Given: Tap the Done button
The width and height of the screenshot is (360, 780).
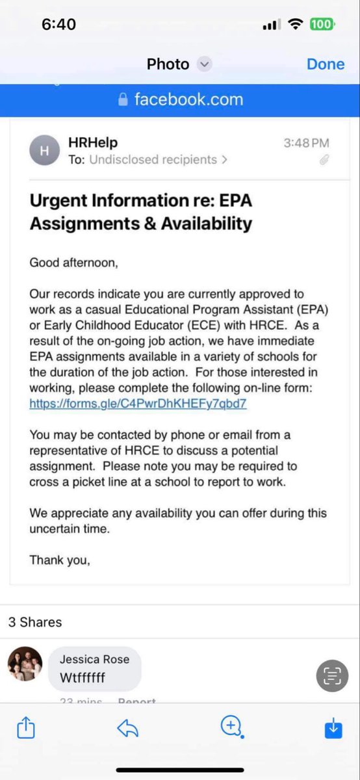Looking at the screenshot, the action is click(325, 64).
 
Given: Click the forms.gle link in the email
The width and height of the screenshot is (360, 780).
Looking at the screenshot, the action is click(138, 404).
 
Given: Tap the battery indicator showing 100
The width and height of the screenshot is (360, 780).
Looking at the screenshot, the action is click(322, 25).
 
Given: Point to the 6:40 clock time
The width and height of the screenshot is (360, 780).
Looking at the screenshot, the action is click(58, 25).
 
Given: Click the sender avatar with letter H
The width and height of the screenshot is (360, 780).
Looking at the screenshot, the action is click(44, 151).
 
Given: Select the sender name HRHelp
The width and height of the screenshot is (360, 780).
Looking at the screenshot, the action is click(93, 142).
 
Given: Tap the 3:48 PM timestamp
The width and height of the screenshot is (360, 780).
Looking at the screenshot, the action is click(306, 143).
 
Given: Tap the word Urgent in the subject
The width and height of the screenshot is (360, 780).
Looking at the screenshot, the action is click(62, 200).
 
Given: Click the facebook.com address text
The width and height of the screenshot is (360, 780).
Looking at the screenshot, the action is click(188, 99).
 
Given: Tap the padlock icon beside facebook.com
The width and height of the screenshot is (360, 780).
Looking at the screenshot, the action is click(123, 99).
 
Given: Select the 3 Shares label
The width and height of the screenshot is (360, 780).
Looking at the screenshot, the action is click(35, 622).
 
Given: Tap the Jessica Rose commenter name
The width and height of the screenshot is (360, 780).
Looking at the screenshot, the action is click(94, 659).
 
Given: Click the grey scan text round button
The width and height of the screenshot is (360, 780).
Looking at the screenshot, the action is click(332, 676).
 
